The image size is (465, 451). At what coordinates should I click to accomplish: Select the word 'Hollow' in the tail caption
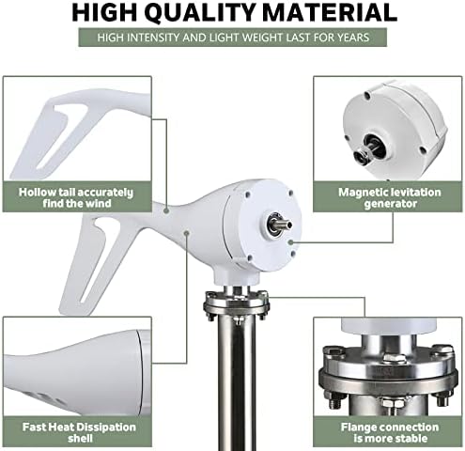pos(40,192)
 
